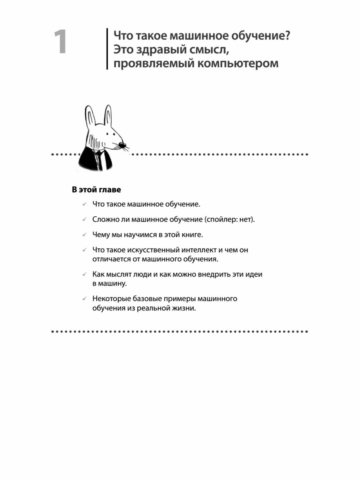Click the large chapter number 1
61,42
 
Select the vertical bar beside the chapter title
107,49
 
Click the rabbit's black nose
122,145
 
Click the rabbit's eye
107,132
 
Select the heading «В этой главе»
96,190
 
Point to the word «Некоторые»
111,299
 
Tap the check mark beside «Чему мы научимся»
85,235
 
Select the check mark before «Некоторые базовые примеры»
85,299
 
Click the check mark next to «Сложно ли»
85,219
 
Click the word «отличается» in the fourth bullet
111,259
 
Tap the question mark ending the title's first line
287,36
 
